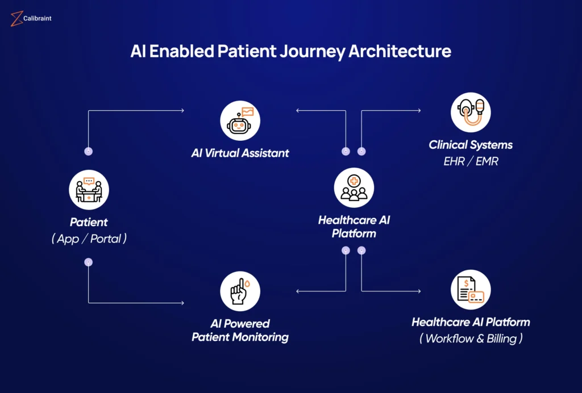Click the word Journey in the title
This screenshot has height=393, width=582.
(x=312, y=51)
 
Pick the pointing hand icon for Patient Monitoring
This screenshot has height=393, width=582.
(x=240, y=291)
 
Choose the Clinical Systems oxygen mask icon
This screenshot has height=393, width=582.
(x=471, y=112)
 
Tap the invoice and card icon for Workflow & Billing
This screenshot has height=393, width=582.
(x=471, y=290)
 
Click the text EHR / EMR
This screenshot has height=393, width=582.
(x=471, y=161)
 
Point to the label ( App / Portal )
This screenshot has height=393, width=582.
(x=89, y=239)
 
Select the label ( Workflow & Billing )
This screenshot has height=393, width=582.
(x=471, y=339)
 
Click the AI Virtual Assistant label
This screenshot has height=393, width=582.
(x=240, y=153)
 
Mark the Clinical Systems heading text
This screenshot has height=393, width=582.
(x=471, y=145)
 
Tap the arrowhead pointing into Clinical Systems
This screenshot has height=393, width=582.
(x=419, y=111)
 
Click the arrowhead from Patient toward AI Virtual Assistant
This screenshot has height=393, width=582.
(x=182, y=111)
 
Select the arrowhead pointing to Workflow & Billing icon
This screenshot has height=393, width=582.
(x=419, y=291)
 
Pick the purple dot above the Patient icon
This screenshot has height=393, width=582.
(x=89, y=152)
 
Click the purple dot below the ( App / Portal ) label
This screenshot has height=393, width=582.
(x=89, y=262)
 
